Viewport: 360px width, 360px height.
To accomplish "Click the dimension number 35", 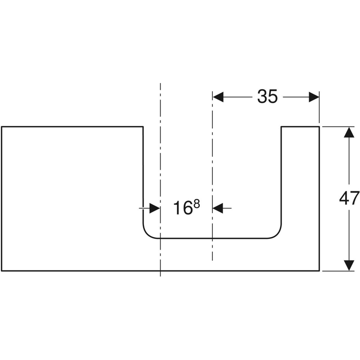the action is click(267, 96).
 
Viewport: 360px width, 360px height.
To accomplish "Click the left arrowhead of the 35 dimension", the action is click(219, 96).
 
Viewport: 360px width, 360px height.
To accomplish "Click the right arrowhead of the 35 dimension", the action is click(314, 96).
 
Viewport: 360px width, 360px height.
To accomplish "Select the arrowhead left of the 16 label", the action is click(154, 208).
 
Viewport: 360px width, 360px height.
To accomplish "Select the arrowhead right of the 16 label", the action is click(218, 208).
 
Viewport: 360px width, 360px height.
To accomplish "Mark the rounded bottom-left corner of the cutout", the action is click(147, 234).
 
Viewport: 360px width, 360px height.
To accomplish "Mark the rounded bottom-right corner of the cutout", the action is click(277, 234).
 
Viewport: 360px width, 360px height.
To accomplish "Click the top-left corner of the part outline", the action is click(2, 127).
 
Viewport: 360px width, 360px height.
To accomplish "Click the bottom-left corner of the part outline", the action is click(2, 271).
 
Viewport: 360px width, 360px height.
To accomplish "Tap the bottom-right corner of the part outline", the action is click(319, 271).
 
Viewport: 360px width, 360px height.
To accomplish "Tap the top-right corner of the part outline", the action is click(319, 127).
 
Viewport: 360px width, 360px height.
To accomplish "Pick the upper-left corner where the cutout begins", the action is click(143, 127).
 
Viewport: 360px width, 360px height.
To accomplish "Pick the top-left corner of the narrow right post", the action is click(282, 127).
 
